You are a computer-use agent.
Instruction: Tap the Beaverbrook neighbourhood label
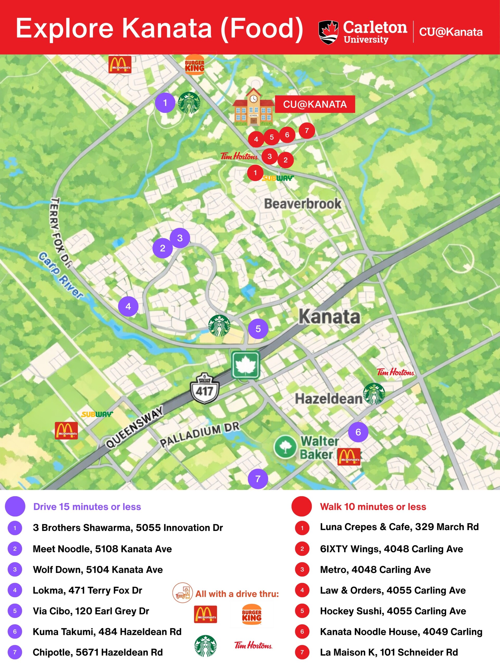click(303, 204)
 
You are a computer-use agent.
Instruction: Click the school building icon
click(253, 108)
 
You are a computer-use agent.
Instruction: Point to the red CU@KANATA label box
click(315, 104)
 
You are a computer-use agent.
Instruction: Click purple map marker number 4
click(128, 306)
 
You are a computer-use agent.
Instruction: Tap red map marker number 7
click(307, 131)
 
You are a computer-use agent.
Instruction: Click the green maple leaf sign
click(246, 365)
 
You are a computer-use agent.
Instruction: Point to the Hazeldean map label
click(328, 399)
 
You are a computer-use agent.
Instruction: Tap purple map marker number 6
click(358, 432)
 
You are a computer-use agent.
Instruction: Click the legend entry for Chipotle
click(98, 652)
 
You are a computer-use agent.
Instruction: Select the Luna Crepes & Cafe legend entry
click(399, 527)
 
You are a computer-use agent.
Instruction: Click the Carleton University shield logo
click(328, 32)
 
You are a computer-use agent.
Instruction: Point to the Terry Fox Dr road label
click(60, 232)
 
